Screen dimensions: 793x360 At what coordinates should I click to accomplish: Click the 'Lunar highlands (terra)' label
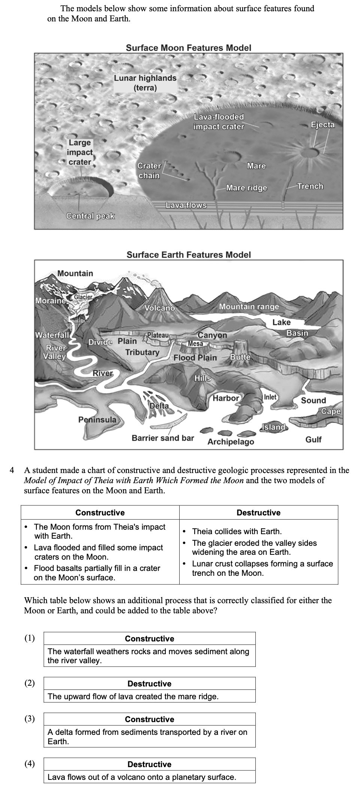145,83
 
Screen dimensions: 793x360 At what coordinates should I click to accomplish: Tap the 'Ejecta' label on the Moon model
322,125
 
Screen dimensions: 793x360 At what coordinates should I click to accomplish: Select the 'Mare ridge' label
247,188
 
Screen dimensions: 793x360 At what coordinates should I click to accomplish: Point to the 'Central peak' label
90,216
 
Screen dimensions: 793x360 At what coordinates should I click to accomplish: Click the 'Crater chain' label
149,171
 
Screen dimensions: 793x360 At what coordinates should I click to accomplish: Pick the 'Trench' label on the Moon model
310,186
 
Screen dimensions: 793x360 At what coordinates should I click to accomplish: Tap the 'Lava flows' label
186,205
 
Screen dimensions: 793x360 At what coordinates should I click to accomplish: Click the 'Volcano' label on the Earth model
160,308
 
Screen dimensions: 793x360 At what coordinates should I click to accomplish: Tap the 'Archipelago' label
231,442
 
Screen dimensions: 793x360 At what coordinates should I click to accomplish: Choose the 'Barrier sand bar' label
163,438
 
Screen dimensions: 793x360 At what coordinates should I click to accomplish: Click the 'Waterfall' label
52,335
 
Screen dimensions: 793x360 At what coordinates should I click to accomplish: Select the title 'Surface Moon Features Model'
188,48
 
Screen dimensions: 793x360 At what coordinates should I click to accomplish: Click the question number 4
12,470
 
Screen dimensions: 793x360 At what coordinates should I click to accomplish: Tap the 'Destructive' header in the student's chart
258,512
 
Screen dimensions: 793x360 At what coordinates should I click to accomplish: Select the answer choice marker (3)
30,718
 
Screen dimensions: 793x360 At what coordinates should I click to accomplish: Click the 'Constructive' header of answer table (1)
149,638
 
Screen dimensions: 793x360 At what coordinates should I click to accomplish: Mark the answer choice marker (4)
30,763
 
